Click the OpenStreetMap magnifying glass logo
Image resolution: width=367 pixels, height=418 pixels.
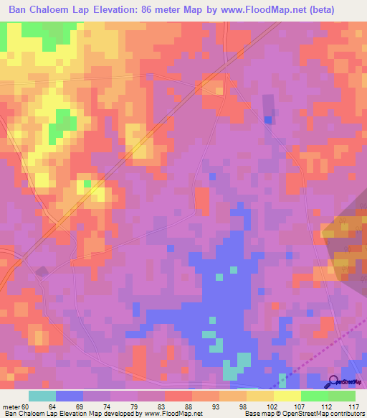tap(333, 382)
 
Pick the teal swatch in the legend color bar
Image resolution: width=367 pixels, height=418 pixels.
tap(42, 396)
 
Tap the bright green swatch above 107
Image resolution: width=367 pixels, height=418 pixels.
tap(314, 396)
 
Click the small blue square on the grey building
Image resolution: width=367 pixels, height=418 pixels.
tap(268, 120)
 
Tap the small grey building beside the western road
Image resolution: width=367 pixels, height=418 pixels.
tap(42, 271)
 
